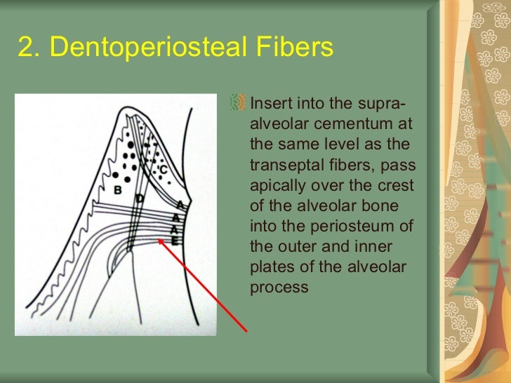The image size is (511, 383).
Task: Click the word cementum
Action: click(369, 125)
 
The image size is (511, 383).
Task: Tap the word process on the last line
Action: click(279, 288)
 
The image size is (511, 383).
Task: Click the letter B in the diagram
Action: click(118, 190)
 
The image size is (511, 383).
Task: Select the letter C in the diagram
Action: click(163, 169)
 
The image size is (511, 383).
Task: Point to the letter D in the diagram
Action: click(140, 199)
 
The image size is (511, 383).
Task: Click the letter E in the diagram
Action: click(175, 240)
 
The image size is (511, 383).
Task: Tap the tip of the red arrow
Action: click(159, 238)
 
